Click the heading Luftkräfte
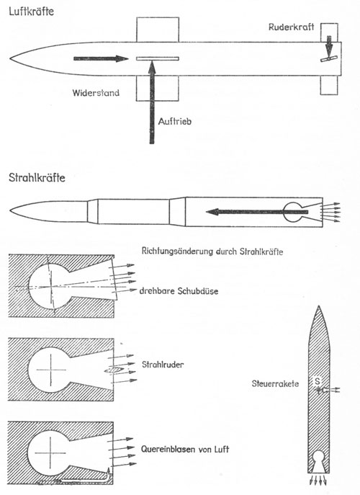(32, 12)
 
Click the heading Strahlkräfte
(37, 177)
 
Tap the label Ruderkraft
(291, 27)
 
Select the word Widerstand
(96, 93)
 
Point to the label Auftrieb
(175, 122)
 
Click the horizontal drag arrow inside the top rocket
(101, 58)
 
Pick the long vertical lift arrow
(152, 102)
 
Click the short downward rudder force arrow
(329, 47)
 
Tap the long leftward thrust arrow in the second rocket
(257, 212)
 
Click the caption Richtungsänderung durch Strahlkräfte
(212, 251)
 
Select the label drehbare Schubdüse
(179, 291)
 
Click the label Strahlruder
(163, 365)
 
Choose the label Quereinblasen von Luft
(185, 449)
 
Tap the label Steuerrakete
(275, 383)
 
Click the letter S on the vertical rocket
(318, 380)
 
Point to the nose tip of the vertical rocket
(319, 306)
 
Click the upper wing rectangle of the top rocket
(158, 30)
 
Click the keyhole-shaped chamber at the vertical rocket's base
(318, 457)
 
